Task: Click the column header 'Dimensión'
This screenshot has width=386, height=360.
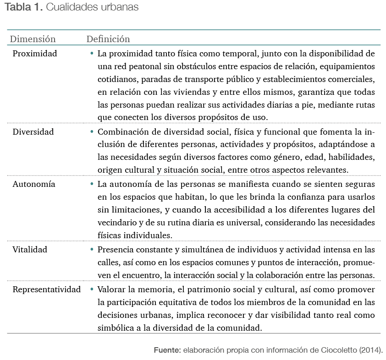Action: pyautogui.click(x=33, y=39)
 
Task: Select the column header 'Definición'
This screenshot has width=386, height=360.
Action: pyautogui.click(x=108, y=39)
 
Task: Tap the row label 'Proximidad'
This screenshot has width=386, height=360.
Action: pyautogui.click(x=35, y=54)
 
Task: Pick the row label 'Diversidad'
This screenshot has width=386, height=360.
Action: pyautogui.click(x=33, y=132)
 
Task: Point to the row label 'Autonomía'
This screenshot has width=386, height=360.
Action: pyautogui.click(x=34, y=184)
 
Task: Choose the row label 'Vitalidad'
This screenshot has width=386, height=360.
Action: pyautogui.click(x=30, y=250)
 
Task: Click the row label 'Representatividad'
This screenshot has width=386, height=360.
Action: pyautogui.click(x=47, y=289)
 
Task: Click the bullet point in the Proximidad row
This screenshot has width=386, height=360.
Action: pyautogui.click(x=92, y=54)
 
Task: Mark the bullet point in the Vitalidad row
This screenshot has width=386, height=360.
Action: pyautogui.click(x=92, y=250)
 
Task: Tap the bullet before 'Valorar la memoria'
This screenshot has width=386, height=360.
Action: pyautogui.click(x=92, y=289)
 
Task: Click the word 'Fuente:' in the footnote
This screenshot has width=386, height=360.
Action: pyautogui.click(x=167, y=350)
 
